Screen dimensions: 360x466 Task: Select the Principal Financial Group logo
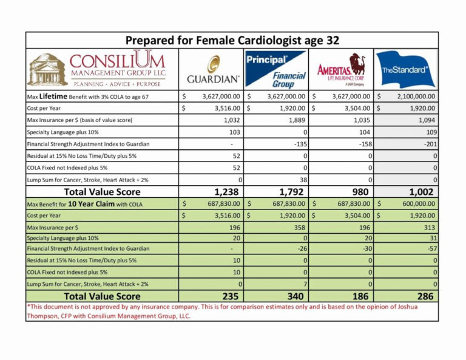point(276,70)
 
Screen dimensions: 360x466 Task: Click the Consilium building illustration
point(47,69)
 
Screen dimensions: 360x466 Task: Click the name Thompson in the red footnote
point(46,316)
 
